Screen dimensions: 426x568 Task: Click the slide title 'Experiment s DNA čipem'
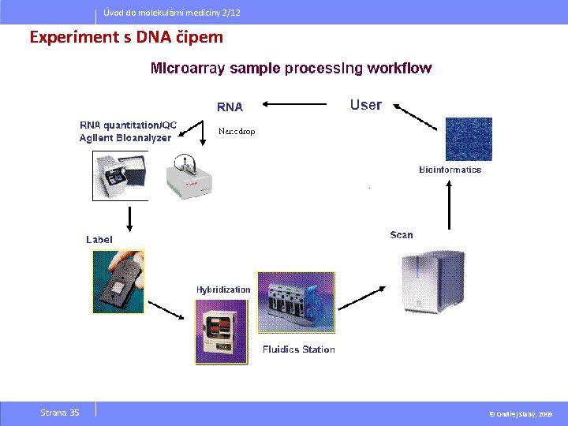click(126, 37)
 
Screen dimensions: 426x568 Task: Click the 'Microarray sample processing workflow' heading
click(291, 68)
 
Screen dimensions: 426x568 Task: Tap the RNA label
click(230, 106)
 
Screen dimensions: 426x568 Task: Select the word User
click(365, 105)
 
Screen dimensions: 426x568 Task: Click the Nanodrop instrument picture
click(189, 174)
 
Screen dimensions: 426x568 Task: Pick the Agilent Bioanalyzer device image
click(121, 174)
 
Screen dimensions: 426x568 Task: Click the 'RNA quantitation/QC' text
click(129, 125)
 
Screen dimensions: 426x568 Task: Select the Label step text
click(99, 239)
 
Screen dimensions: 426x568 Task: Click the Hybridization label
click(223, 290)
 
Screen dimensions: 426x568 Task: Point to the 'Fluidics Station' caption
click(298, 349)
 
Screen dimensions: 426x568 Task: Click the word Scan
click(401, 234)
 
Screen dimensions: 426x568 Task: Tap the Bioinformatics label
click(450, 170)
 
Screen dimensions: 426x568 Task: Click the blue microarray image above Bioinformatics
click(469, 139)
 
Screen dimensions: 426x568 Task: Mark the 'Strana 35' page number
click(60, 413)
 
